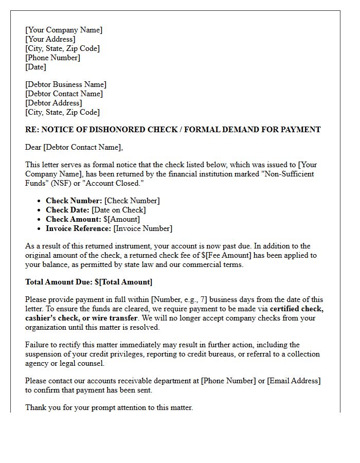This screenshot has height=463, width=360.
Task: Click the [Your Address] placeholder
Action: point(50,39)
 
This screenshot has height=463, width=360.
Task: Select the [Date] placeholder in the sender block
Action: point(35,67)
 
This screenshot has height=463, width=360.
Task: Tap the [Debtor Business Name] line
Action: point(66,84)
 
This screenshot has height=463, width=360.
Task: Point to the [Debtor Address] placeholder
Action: point(53,103)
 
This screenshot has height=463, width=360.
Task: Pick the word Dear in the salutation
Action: point(33,147)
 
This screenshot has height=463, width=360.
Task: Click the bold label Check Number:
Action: point(74,201)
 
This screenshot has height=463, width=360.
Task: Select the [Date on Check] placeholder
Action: point(118,210)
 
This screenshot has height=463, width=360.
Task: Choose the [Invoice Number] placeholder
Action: point(143,228)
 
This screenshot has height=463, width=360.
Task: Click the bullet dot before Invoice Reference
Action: point(40,228)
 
